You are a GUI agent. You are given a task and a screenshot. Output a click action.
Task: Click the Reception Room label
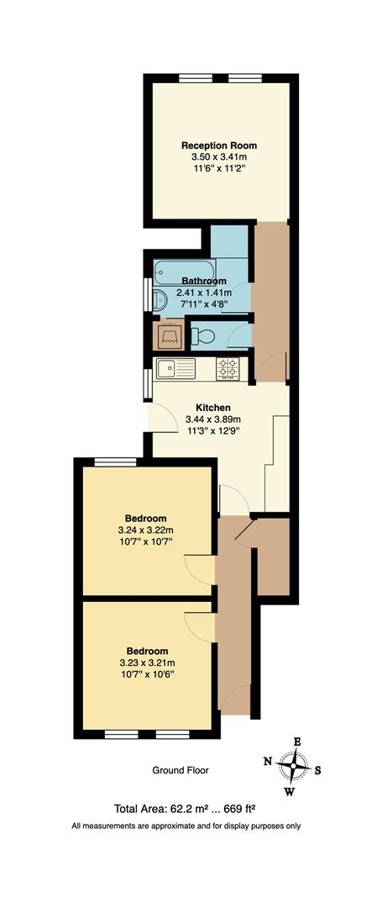218,145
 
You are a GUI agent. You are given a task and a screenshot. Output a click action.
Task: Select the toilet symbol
202,335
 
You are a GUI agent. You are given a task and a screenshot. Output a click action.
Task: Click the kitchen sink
176,369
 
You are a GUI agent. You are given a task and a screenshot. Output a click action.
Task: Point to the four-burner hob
228,369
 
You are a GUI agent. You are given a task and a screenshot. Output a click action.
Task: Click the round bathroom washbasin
160,300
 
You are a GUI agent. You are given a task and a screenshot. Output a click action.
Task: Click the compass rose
293,766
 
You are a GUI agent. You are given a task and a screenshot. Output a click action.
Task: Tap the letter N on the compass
267,762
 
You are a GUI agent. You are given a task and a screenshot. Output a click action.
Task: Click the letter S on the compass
317,770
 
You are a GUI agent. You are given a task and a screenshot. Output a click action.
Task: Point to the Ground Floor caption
180,770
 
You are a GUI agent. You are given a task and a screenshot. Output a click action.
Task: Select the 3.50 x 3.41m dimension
218,157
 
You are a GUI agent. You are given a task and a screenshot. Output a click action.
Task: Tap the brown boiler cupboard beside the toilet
169,335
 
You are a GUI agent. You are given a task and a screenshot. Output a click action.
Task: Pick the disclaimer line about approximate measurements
186,826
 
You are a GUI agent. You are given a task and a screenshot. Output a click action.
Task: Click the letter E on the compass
297,742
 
